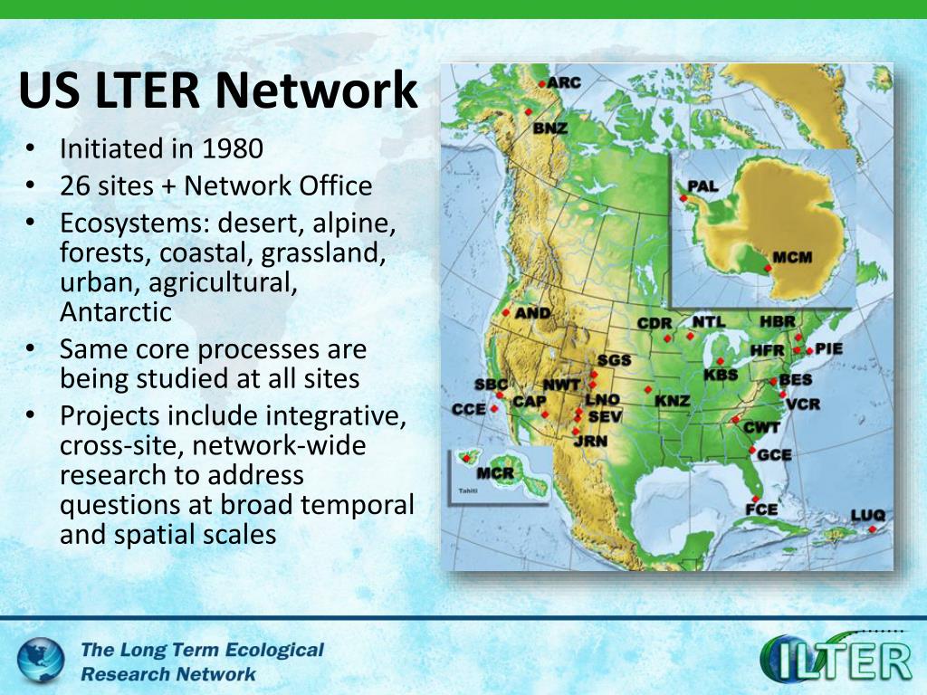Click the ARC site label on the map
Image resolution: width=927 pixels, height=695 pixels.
(564, 82)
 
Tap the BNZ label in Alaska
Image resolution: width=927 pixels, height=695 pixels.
(550, 128)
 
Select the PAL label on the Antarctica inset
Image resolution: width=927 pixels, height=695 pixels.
(702, 186)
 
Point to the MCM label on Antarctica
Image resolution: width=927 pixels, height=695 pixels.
(793, 258)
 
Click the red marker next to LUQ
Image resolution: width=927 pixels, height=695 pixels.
(871, 529)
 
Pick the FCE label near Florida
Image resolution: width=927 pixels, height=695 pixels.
(761, 509)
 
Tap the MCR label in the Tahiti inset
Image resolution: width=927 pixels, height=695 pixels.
(495, 473)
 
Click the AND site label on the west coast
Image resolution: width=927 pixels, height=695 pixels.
(532, 313)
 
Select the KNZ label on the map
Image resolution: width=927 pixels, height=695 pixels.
(673, 400)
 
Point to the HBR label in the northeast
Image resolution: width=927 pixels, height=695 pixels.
(778, 321)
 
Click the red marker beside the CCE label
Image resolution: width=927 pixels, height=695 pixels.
(494, 408)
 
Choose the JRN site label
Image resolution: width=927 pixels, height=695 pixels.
(590, 441)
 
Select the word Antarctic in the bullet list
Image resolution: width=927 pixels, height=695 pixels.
(116, 312)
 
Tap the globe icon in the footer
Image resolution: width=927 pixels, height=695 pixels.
(41, 660)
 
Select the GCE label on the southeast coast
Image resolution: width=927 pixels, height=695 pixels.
(774, 454)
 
